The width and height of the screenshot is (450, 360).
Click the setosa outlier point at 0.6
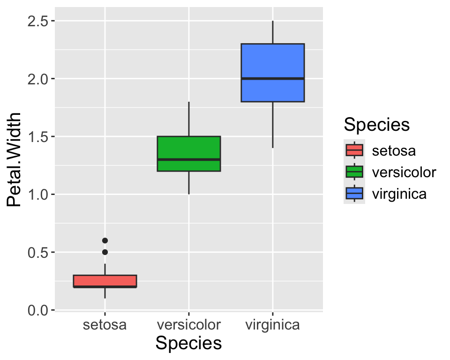105,240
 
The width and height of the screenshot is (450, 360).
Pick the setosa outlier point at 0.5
105,252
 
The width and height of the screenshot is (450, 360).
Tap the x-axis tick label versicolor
188,324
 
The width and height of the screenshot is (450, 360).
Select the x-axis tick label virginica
272,324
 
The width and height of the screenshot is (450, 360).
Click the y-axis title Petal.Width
15,159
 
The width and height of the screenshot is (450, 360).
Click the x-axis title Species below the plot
188,343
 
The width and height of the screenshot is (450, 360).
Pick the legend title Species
377,125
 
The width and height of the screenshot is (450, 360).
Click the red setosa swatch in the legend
354,150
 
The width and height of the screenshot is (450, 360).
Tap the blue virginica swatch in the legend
354,193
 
